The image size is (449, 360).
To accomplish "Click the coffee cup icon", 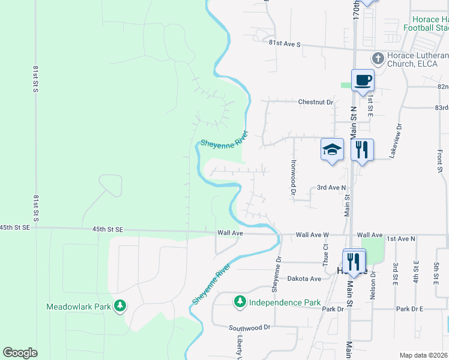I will point(363,80).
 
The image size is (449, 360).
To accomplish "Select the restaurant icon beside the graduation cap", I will point(361,149).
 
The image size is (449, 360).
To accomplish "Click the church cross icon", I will point(378,58).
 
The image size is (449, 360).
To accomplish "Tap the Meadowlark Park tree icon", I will point(120,306).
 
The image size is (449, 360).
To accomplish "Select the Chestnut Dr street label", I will point(316,102).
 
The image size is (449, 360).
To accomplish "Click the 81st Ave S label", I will point(284,44).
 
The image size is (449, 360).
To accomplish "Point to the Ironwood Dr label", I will point(294,177).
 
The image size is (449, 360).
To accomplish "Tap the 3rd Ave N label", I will point(332,188).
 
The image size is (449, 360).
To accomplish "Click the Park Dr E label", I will point(409,308).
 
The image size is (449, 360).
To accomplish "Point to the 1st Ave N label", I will point(400,239).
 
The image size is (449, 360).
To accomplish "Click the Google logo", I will point(20,353).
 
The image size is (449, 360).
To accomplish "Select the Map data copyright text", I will point(423,355).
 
